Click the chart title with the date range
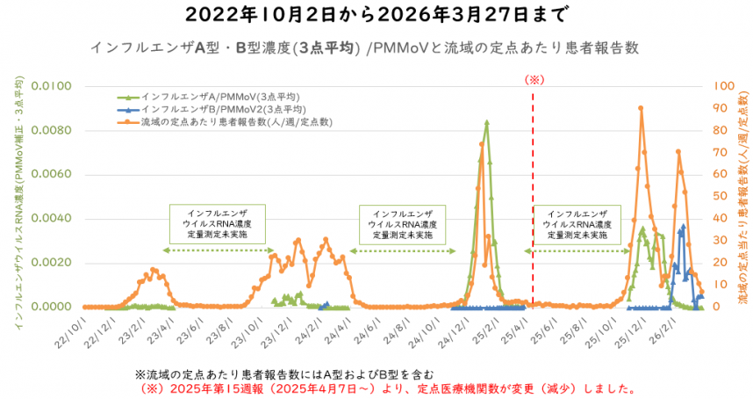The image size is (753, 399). click(376, 15)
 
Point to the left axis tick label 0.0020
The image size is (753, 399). click(57, 263)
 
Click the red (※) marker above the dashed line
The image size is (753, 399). click(535, 79)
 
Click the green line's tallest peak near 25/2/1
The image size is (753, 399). click(486, 122)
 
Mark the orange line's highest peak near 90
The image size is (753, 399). click(641, 108)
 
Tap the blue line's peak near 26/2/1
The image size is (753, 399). click(684, 226)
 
